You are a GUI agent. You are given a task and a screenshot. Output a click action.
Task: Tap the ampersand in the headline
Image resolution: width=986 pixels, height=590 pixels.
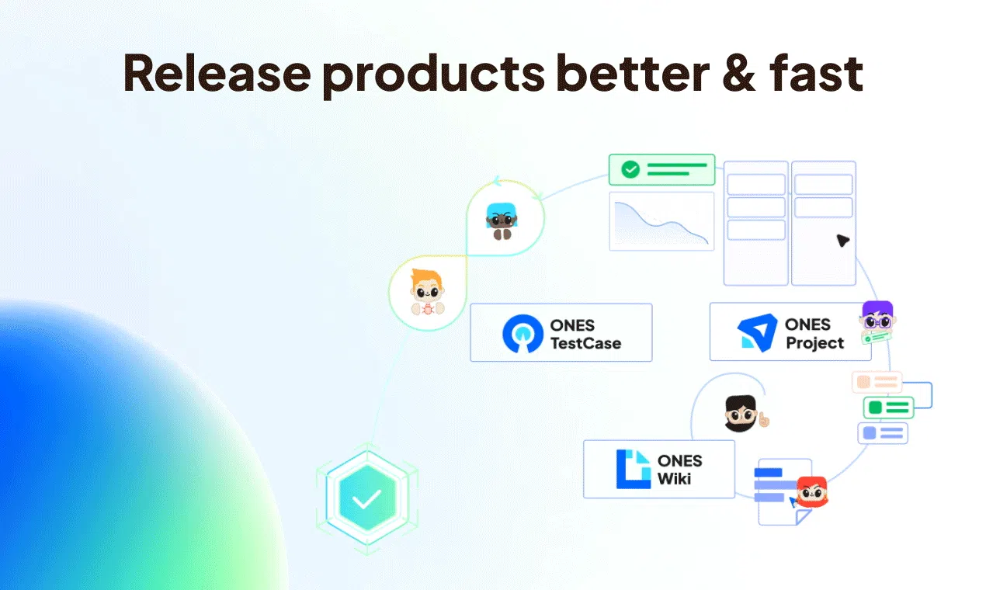coord(739,73)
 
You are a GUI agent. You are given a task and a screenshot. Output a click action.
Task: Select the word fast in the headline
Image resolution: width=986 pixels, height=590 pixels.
coord(817,72)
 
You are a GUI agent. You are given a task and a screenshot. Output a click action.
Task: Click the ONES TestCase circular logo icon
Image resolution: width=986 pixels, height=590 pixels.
coord(523,333)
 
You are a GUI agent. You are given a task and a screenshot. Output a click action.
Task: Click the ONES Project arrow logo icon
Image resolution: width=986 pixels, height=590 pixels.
coord(757,332)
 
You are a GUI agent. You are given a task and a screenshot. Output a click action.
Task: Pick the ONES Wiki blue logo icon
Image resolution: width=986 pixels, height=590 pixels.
coord(634,469)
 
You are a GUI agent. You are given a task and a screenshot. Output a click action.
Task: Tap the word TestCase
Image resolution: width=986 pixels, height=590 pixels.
coord(586,343)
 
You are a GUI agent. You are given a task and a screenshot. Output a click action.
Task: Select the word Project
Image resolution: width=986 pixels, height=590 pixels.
coord(814,343)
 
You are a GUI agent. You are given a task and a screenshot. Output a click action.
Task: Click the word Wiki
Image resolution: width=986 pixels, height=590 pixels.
coord(674,479)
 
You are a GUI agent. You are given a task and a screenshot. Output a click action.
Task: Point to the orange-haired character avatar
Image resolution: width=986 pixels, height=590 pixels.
coord(428,293)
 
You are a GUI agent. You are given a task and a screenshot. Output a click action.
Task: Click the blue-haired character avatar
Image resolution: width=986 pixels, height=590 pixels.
coord(502,221)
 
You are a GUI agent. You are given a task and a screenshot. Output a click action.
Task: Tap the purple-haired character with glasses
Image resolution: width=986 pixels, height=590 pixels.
coord(877,321)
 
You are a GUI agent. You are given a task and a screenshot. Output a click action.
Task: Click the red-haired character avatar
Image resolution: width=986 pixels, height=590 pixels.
coord(812,491)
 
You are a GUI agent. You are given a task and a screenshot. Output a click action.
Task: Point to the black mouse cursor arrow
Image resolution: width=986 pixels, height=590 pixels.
coord(842,241)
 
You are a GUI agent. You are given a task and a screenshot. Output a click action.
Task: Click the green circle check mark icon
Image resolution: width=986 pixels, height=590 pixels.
coord(630,169)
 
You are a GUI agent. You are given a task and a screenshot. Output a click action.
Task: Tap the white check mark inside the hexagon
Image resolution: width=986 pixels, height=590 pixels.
coord(366,499)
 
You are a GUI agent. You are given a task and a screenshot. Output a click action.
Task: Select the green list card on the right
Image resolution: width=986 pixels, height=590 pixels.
coord(888,408)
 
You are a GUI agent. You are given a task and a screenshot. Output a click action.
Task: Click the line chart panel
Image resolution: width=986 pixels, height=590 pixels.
coord(661,221)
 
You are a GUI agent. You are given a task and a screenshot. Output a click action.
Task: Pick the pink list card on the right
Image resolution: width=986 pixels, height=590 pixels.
coord(877,382)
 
